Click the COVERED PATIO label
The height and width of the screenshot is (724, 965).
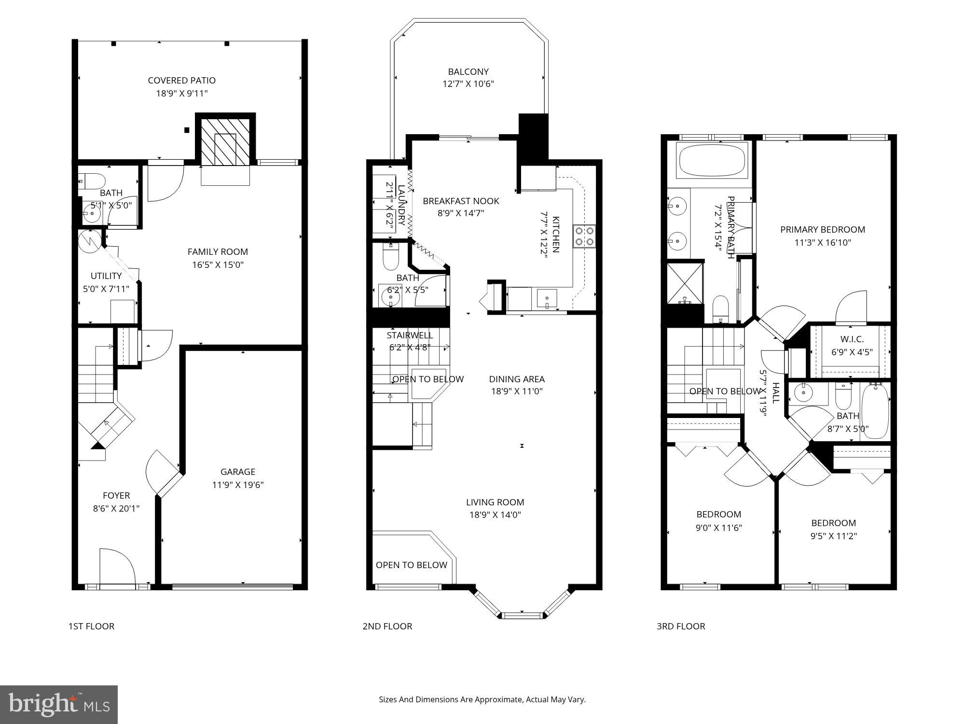point(181,81)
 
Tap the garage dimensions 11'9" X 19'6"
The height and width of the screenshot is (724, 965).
point(238,485)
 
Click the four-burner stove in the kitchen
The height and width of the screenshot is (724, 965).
point(584,237)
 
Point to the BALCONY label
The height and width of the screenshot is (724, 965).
point(468,72)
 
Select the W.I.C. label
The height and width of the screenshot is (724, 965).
point(852,339)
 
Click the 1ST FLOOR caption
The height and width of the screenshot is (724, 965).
point(91,627)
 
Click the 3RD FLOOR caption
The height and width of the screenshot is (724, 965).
point(680,627)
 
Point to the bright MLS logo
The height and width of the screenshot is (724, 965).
point(59,705)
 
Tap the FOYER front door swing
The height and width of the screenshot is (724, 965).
point(117,566)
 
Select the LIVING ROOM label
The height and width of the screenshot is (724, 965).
point(495,502)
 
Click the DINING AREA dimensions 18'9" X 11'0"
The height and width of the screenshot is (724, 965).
point(517,391)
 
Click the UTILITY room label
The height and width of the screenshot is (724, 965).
point(106,276)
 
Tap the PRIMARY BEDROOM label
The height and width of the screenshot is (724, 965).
point(823,230)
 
